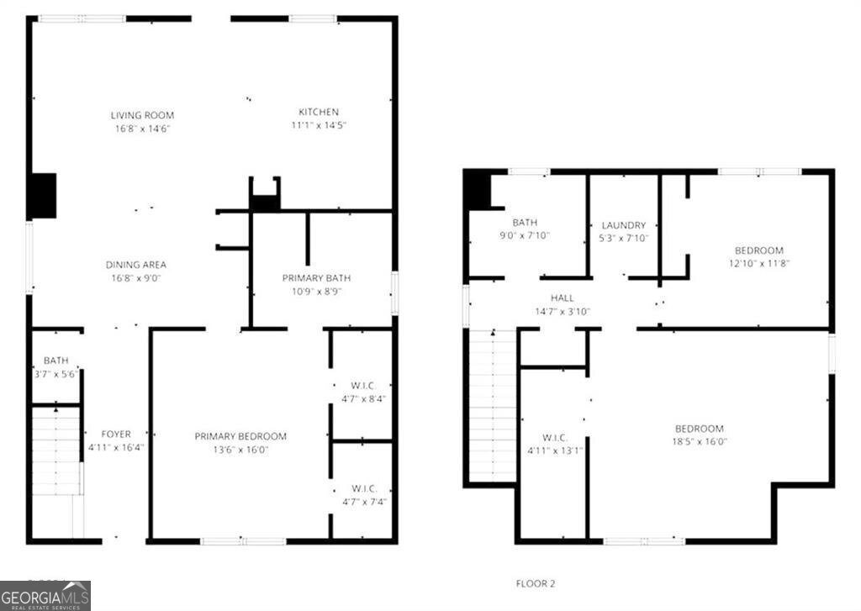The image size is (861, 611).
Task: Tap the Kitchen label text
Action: click(x=319, y=112)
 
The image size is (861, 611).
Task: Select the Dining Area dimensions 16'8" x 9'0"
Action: click(x=135, y=278)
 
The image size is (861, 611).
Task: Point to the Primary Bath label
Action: click(x=316, y=278)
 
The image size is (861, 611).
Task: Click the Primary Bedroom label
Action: click(x=240, y=436)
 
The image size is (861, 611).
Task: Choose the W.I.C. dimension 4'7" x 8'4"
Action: click(x=363, y=399)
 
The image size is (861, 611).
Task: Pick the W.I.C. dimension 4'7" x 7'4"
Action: click(x=363, y=503)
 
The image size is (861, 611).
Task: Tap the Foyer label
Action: click(x=116, y=435)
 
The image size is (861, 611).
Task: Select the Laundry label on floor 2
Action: click(x=623, y=225)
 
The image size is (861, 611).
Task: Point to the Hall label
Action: click(x=563, y=298)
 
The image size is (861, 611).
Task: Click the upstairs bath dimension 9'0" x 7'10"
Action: click(x=524, y=236)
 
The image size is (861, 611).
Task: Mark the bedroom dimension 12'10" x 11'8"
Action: click(x=758, y=263)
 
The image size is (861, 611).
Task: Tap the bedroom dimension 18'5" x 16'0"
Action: click(x=699, y=441)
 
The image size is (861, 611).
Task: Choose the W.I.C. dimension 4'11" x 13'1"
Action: click(x=555, y=450)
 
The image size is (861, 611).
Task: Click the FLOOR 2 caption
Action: click(x=535, y=583)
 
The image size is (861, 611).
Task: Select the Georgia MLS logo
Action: click(x=45, y=595)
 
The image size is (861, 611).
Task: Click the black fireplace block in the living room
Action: click(x=42, y=196)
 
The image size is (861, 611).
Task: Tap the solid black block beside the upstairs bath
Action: click(x=478, y=189)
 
